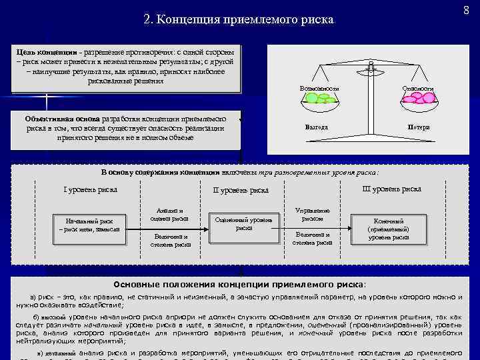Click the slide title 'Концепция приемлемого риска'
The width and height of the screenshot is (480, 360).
tap(238, 19)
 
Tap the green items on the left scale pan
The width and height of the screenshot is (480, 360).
tap(319, 98)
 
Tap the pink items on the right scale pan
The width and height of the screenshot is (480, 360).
tap(418, 98)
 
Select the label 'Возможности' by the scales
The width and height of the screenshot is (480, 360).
tap(319, 88)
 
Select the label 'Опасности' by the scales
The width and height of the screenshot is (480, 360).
tap(418, 88)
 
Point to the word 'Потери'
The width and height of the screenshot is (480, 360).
tap(419, 127)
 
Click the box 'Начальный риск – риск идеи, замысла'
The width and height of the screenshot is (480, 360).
tap(89, 225)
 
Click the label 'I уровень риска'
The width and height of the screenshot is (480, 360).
tap(90, 189)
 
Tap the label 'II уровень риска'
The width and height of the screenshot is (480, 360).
tap(241, 191)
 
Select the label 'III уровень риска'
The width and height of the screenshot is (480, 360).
tap(391, 189)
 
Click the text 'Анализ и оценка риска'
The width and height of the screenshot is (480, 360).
tap(171, 213)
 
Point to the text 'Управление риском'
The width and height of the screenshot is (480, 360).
tap(312, 214)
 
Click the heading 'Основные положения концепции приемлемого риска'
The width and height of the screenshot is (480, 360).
tap(240, 283)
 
